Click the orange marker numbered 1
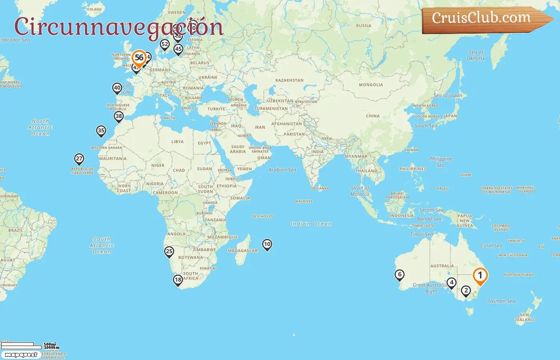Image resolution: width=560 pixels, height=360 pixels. click(480, 276)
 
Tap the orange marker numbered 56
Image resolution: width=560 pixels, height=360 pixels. click(139, 58)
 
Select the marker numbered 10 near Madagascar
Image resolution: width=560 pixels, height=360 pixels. click(267, 244)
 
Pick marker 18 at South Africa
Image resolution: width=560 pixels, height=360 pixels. click(178, 280)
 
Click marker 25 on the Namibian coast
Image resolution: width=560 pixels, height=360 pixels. click(169, 252)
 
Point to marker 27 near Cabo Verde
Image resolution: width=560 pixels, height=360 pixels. click(79, 159)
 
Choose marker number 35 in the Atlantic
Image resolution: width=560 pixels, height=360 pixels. click(101, 131)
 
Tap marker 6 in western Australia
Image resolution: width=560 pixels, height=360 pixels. click(399, 275)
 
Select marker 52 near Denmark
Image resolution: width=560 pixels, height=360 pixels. click(164, 44)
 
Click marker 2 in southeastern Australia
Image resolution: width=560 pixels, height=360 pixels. click(466, 290)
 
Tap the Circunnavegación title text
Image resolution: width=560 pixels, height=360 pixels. click(118, 27)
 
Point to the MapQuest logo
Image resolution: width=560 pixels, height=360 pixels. click(21, 355)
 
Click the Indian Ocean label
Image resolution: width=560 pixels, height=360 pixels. click(311, 224)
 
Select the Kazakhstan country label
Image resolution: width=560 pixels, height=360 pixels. click(289, 80)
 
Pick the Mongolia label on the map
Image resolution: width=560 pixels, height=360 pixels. click(371, 85)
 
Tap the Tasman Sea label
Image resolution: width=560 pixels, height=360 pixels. click(501, 301)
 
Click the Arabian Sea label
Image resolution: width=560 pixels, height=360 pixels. click(282, 170)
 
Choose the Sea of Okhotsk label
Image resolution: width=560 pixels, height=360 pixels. click(476, 55)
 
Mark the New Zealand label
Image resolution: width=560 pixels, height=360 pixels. click(524, 317)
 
